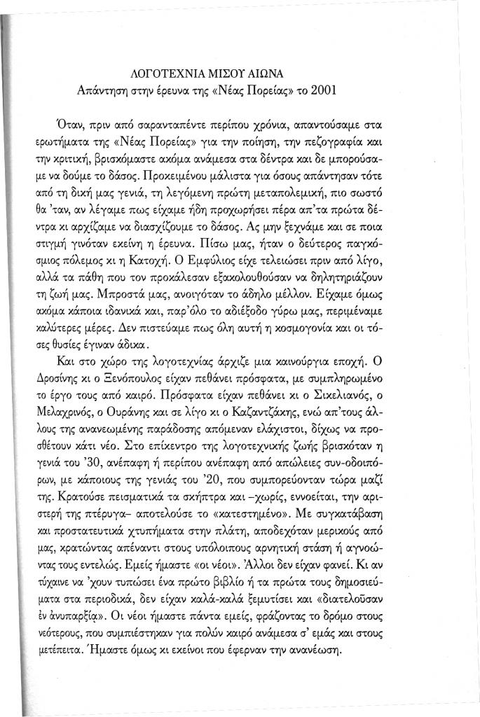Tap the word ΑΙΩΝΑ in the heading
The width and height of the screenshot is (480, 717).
click(279, 73)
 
